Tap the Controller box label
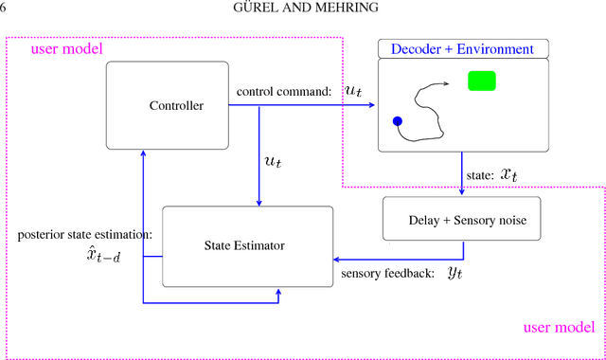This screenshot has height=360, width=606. (176, 105)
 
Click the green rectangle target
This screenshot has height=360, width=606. (482, 81)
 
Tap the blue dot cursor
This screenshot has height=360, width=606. (398, 121)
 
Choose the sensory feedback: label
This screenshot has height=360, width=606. (387, 274)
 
